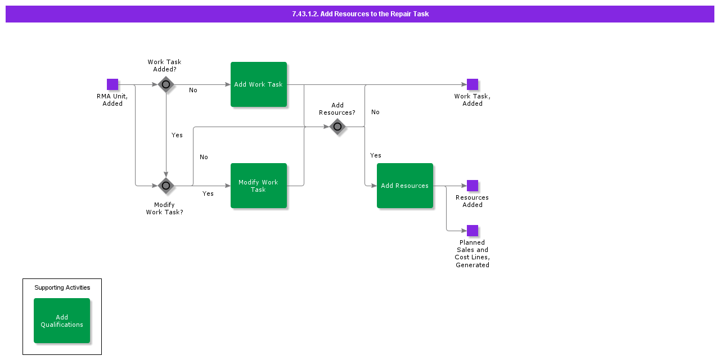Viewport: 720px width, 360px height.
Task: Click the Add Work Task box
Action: (259, 84)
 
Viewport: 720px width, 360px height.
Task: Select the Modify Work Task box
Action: (259, 186)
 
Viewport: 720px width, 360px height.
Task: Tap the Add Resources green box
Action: (405, 186)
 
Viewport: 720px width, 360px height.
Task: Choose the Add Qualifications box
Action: (62, 321)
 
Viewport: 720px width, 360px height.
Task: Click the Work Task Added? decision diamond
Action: (166, 84)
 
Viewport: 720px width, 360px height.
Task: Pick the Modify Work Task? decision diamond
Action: (166, 186)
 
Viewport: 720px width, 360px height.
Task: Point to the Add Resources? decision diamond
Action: (337, 127)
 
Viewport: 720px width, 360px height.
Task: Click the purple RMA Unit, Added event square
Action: (112, 84)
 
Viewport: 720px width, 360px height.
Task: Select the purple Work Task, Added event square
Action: (472, 84)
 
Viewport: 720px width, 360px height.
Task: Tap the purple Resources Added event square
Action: (472, 186)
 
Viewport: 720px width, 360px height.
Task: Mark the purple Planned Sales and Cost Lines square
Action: (472, 231)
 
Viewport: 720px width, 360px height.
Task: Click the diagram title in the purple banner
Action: (360, 14)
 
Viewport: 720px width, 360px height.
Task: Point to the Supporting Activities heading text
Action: (62, 287)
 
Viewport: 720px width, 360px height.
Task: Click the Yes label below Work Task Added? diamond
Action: (177, 135)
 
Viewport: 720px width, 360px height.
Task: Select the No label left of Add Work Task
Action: (193, 90)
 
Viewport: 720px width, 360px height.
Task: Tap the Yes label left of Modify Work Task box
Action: (208, 193)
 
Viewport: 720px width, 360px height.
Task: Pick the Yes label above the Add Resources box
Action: (376, 155)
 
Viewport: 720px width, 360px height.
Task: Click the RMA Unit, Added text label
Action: (112, 100)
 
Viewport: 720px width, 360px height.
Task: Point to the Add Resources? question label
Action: (337, 109)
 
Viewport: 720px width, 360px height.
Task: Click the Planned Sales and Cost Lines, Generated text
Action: (472, 254)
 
